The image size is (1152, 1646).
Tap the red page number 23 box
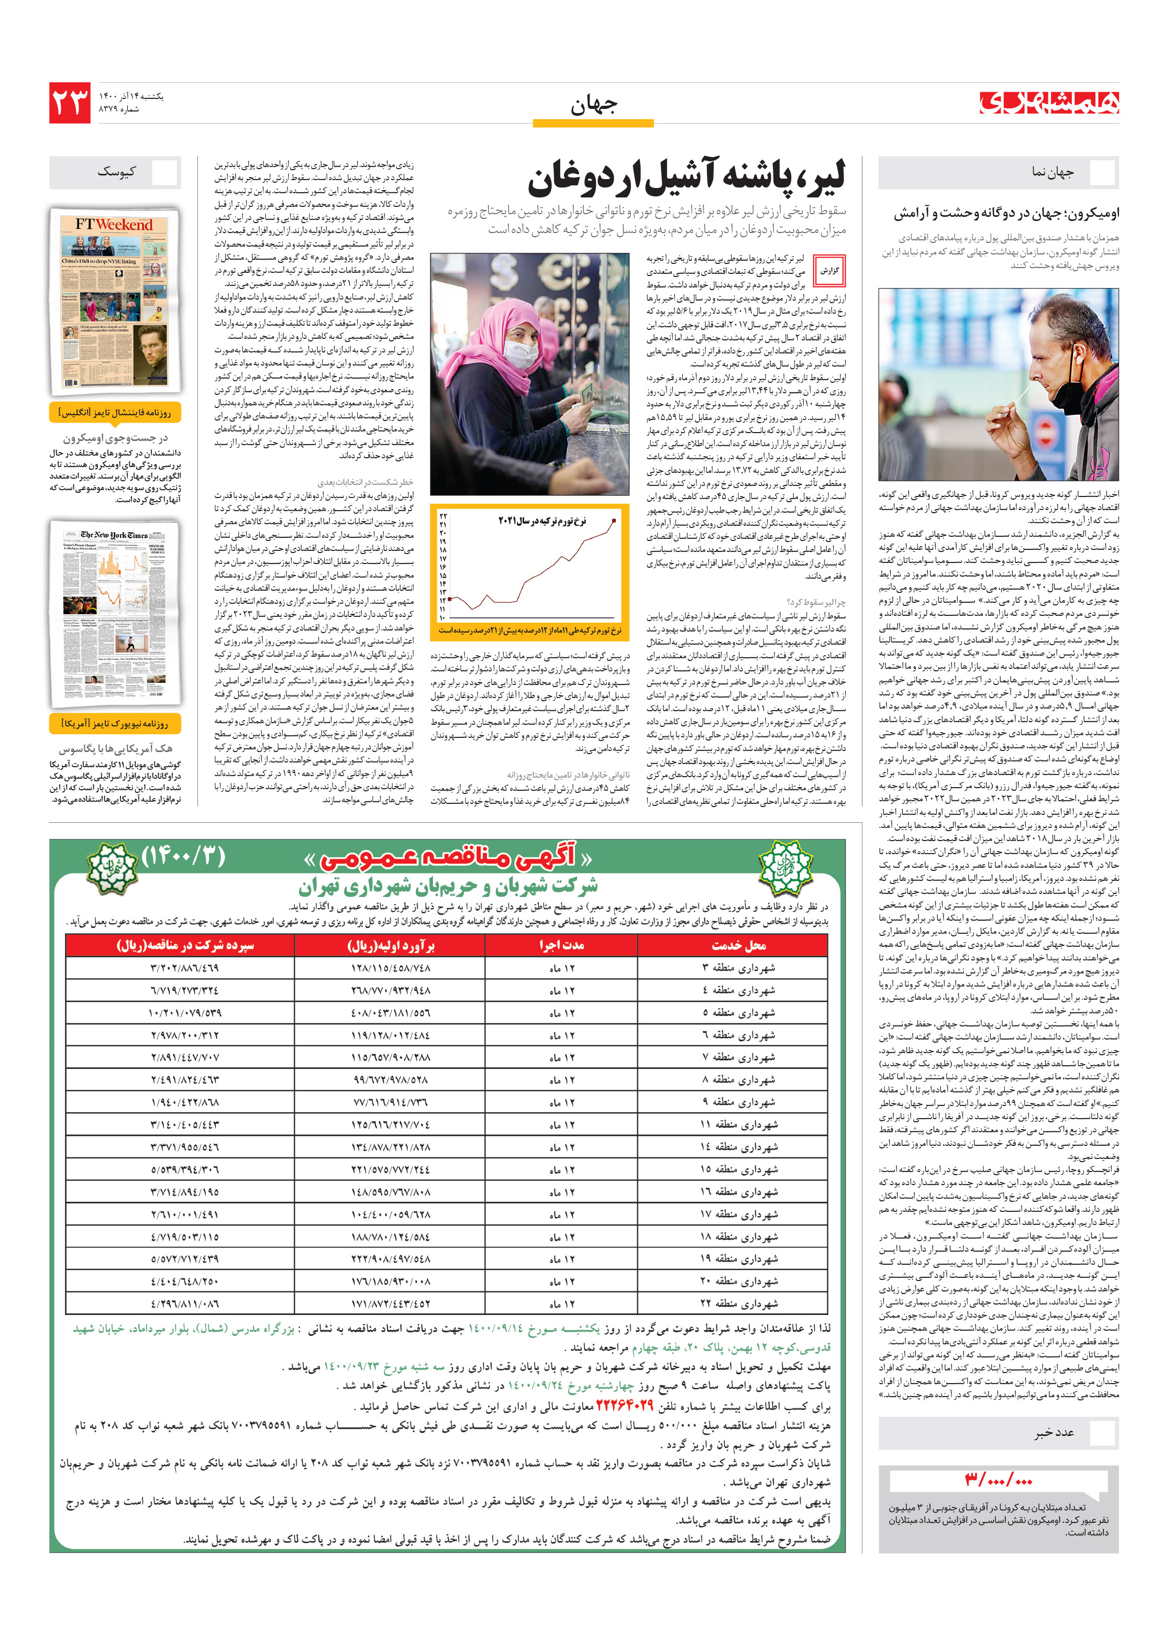[x=70, y=103]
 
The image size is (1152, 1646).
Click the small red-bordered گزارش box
[x=829, y=271]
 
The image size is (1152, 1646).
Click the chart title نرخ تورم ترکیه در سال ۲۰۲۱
[x=542, y=521]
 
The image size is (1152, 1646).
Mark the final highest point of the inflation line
[x=614, y=521]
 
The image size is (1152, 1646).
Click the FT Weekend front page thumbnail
[x=115, y=301]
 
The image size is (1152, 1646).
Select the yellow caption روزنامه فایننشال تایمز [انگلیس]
[x=115, y=413]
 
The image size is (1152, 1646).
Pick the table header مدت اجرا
[x=561, y=946]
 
